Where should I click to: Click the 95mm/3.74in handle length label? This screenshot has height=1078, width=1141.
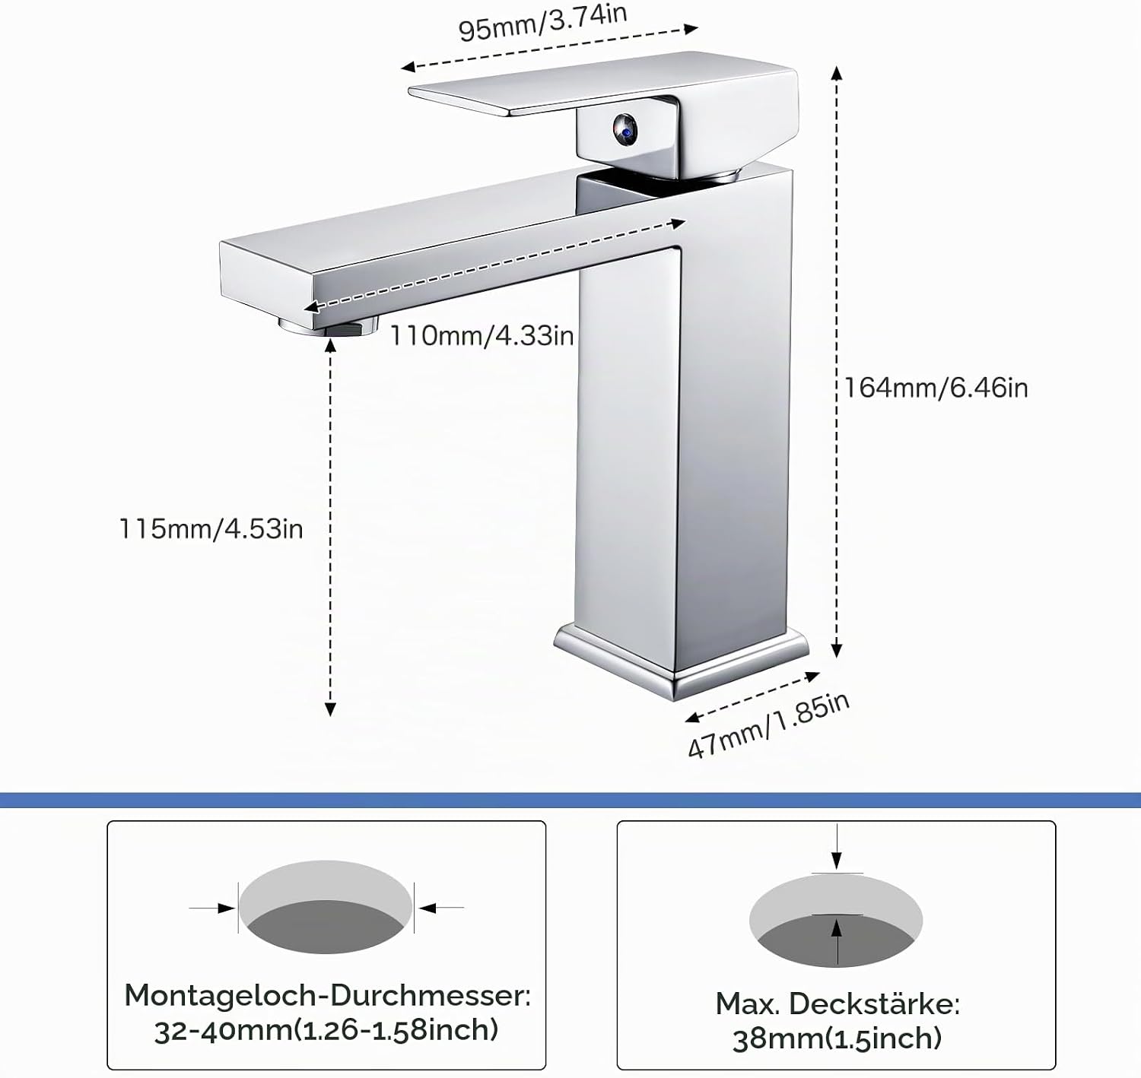(542, 23)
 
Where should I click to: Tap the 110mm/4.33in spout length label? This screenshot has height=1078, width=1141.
(482, 336)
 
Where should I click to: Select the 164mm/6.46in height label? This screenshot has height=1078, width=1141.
(936, 388)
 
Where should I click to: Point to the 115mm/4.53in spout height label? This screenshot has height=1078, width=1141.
(211, 529)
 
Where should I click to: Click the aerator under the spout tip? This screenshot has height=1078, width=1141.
(328, 326)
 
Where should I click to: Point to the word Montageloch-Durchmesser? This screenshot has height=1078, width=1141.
(327, 995)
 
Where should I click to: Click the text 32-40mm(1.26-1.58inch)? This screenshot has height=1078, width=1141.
(327, 1030)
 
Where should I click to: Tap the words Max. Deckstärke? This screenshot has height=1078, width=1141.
(837, 1003)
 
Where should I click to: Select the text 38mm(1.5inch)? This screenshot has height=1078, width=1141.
(837, 1039)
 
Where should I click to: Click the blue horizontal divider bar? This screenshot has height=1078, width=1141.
(570, 800)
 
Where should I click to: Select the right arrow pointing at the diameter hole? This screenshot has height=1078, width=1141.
(441, 908)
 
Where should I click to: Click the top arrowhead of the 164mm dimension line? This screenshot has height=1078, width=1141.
(836, 72)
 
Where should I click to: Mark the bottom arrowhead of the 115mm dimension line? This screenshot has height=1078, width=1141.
(330, 709)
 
